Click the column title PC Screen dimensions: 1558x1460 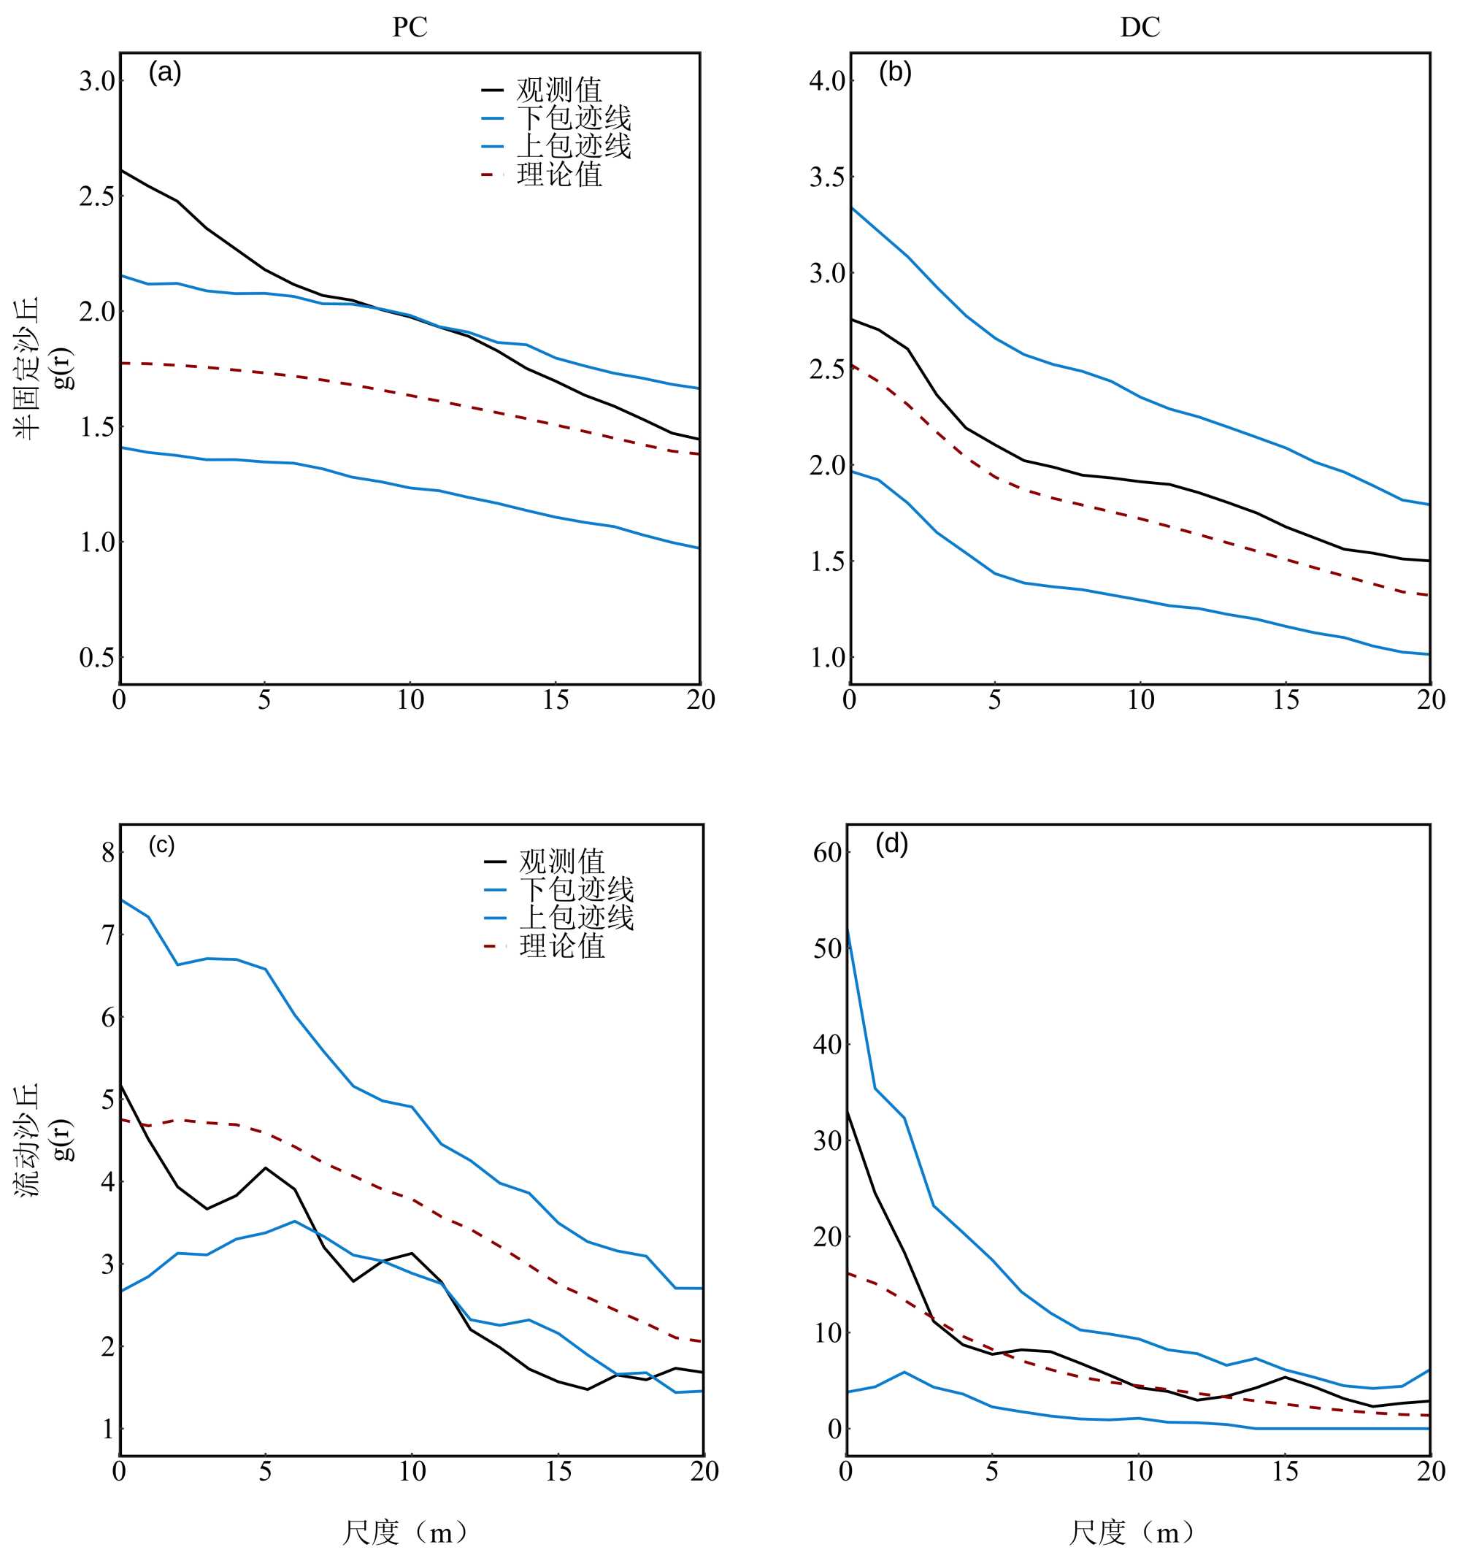pos(409,28)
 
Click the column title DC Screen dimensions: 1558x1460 pos(1140,28)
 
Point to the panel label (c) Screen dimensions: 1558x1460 pos(161,845)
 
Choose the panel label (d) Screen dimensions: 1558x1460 pos(892,845)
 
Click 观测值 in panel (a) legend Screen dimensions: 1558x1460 pos(558,90)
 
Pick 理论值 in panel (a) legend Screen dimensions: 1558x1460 pos(558,174)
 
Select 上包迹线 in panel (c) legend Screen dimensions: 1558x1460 pos(576,917)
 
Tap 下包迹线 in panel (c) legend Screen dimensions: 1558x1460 pos(576,889)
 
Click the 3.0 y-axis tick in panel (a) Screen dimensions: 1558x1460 pos(97,81)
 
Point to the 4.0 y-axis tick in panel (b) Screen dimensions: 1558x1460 pos(828,81)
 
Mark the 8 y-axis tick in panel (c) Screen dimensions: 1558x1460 pos(108,853)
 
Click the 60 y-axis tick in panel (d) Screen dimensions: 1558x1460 pos(827,853)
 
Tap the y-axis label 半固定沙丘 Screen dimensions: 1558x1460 pos(28,369)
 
